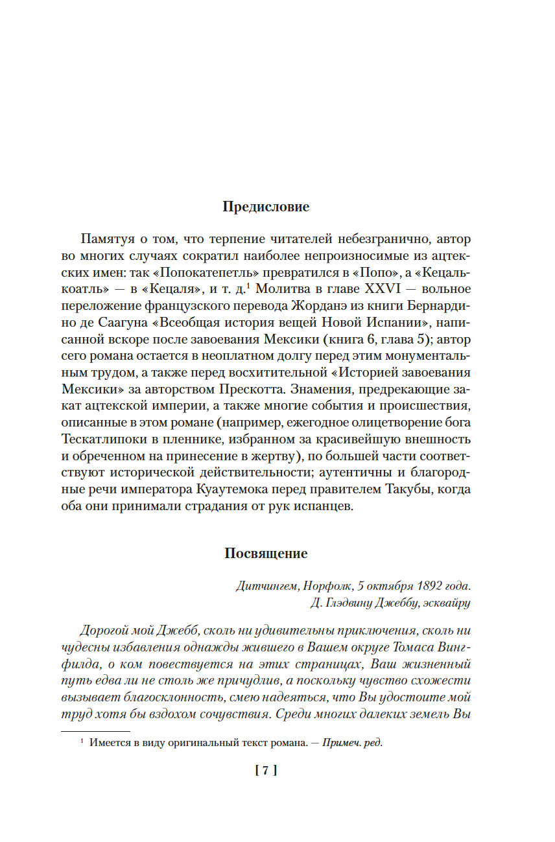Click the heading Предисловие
(x=266, y=207)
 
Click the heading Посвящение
(x=266, y=554)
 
